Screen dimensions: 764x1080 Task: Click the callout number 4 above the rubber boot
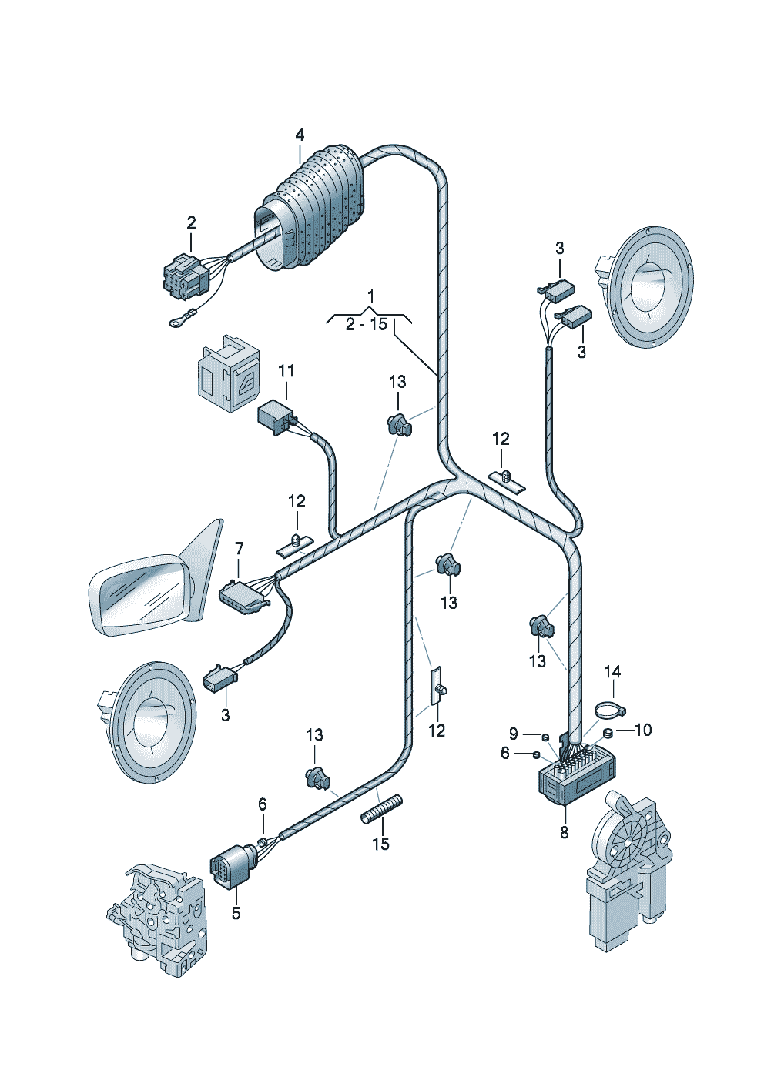(300, 135)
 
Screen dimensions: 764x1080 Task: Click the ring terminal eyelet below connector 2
(177, 323)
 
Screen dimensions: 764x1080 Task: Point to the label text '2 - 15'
(367, 325)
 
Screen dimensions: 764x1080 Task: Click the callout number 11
(286, 371)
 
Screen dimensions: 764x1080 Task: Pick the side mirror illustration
(156, 577)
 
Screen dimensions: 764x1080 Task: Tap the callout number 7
(240, 548)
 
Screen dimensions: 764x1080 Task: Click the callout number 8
(565, 832)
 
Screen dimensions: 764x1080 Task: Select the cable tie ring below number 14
(609, 711)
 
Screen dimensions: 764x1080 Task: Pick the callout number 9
(513, 734)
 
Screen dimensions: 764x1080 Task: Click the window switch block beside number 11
(227, 373)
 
